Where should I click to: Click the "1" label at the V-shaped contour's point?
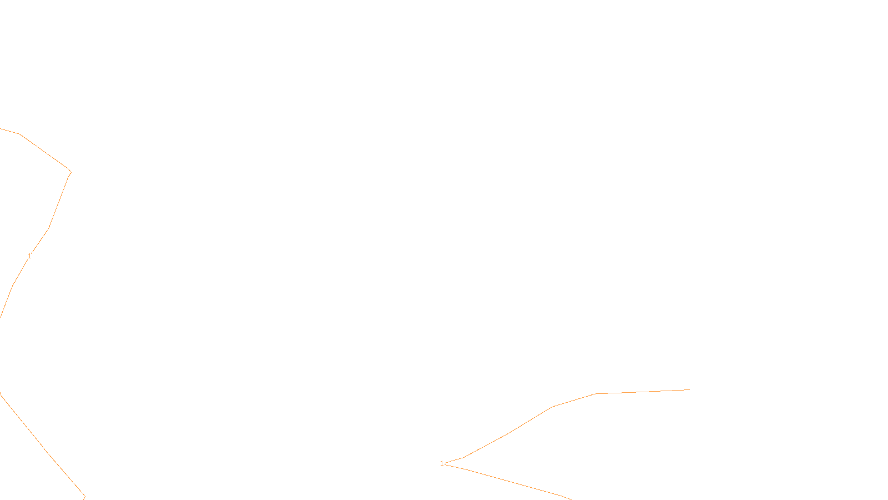[x=442, y=463]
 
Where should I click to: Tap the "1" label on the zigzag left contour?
[x=29, y=256]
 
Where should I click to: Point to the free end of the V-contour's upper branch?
[x=690, y=389]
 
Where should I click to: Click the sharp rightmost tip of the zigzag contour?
[x=71, y=172]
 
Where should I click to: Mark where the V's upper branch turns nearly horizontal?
[x=596, y=394]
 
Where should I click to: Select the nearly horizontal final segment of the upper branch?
[x=643, y=392]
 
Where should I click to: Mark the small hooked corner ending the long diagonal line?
[x=85, y=496]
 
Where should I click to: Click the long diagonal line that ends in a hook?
[x=42, y=446]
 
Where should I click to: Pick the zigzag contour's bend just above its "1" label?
[x=48, y=229]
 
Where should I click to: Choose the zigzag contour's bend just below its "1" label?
[x=13, y=286]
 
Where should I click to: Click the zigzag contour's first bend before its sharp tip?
[x=20, y=134]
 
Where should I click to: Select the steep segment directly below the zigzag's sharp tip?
[x=59, y=201]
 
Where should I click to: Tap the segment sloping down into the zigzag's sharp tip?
[x=44, y=152]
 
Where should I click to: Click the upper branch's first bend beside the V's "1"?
[x=463, y=458]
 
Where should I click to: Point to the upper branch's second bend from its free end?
[x=552, y=407]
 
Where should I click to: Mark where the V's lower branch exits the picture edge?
[x=571, y=499]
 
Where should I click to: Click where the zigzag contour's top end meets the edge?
[x=1, y=128]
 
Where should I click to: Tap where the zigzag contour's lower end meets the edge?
[x=1, y=317]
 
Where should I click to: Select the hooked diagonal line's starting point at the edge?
[x=1, y=392]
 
